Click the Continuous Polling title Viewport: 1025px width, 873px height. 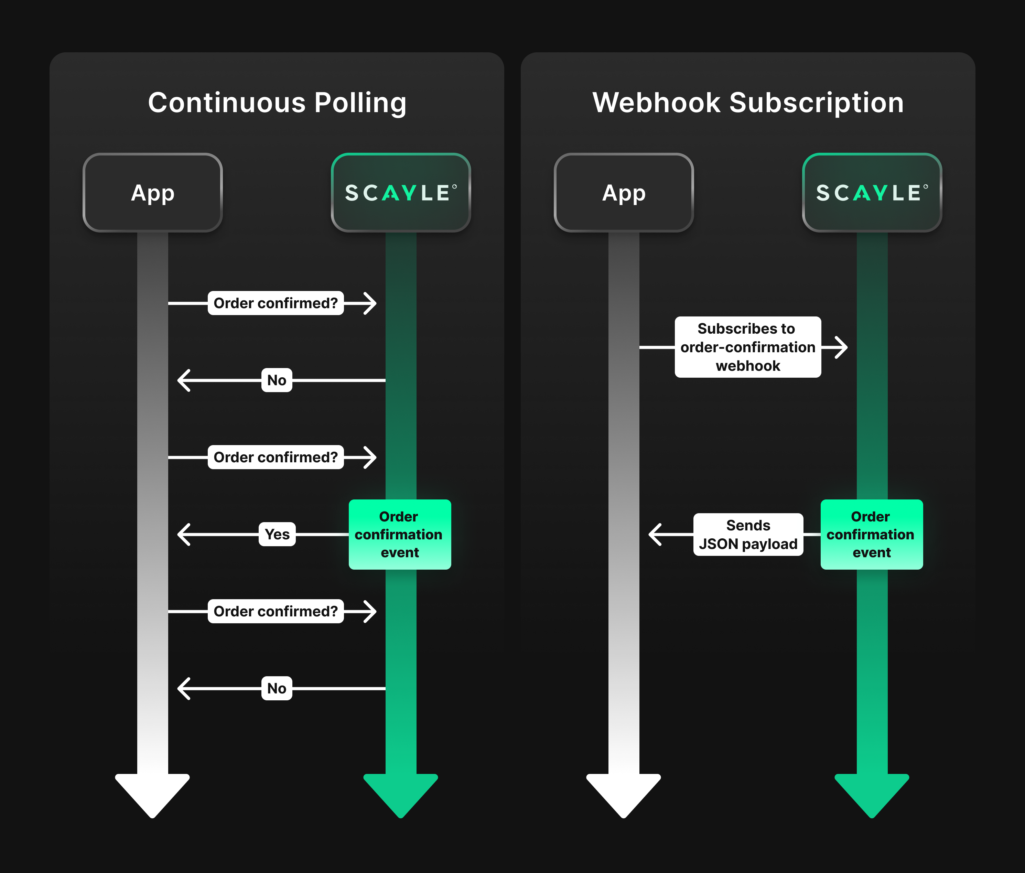point(277,103)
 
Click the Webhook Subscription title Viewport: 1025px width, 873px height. point(748,103)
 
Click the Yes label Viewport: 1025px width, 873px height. point(277,534)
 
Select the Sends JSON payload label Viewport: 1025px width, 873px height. point(748,534)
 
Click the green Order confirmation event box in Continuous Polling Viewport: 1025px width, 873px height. point(400,534)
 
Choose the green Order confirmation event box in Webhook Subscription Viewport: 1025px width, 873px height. point(872,534)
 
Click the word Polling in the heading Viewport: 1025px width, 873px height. point(360,103)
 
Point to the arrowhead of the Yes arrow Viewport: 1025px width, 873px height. point(184,534)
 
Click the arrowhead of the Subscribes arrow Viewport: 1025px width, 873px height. point(841,347)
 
